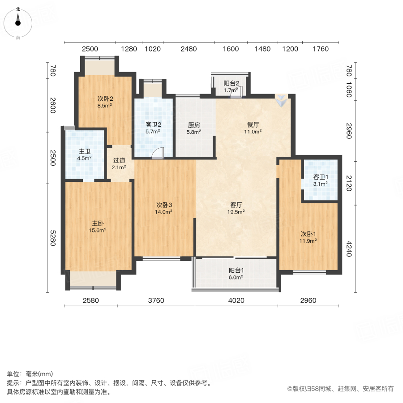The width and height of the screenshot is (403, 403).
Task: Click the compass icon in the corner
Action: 18,21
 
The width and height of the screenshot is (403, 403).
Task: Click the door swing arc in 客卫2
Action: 158,154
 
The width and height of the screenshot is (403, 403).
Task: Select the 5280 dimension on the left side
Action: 52,238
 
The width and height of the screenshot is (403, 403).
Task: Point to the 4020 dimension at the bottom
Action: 236,300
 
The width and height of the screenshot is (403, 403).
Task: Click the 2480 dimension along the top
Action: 189,49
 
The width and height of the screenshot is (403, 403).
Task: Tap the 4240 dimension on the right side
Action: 349,249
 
